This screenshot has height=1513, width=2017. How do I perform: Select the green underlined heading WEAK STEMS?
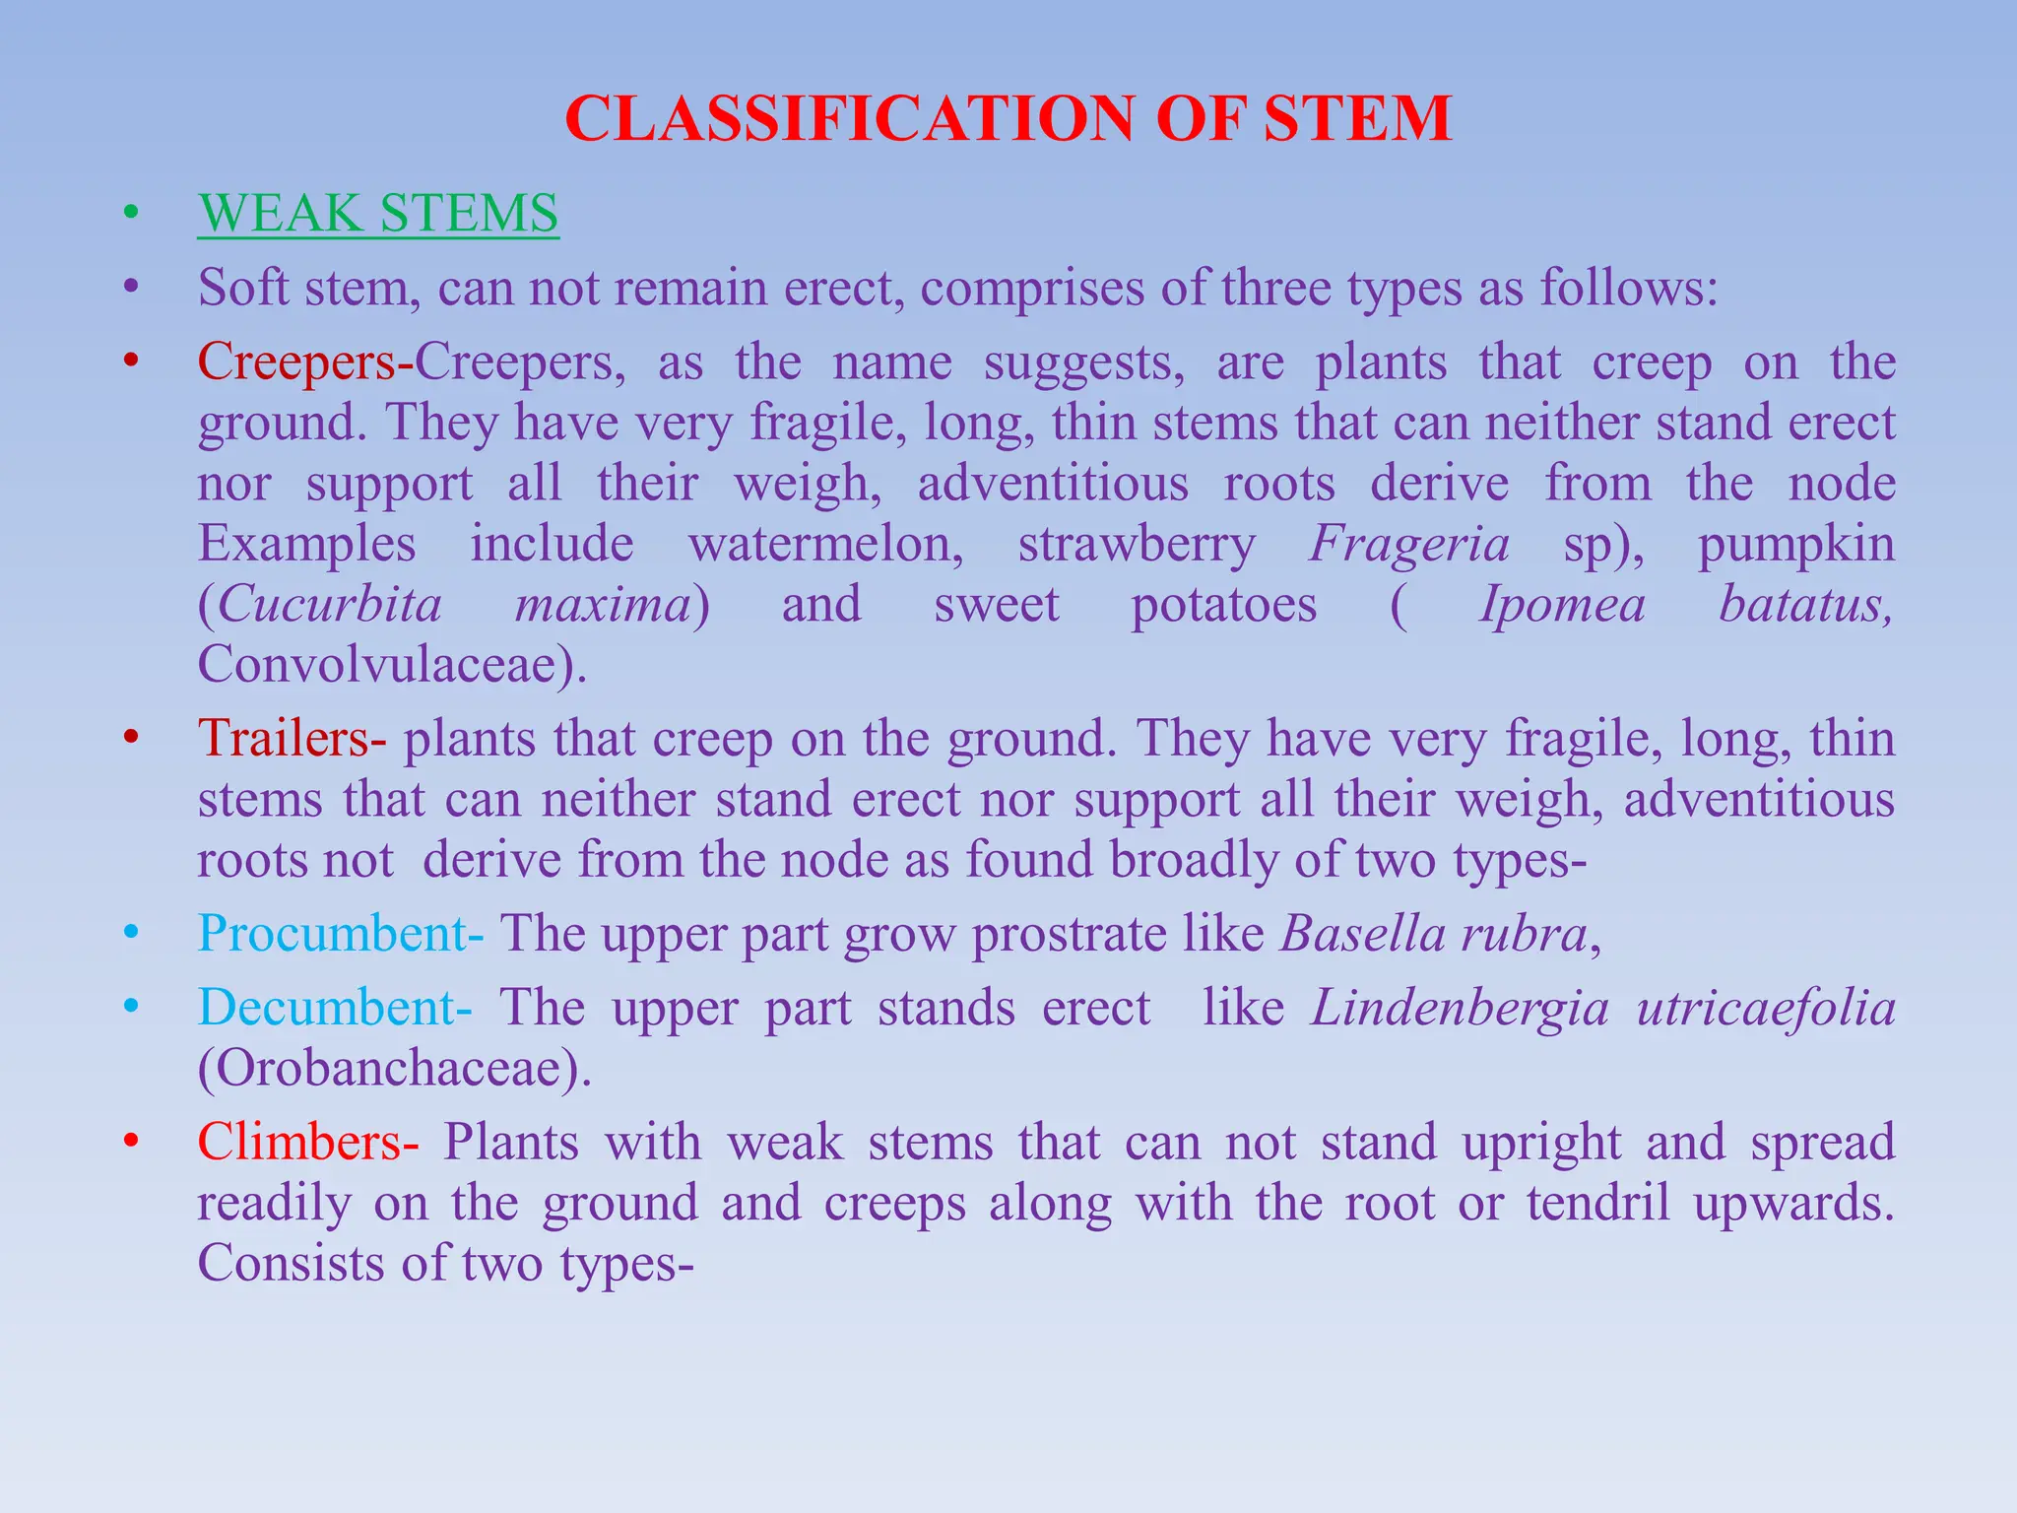click(x=378, y=213)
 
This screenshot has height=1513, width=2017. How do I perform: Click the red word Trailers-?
click(x=293, y=738)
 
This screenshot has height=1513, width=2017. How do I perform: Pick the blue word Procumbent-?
click(x=341, y=933)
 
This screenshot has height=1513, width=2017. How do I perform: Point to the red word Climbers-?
click(x=308, y=1142)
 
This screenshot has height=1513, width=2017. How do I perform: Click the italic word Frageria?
click(x=1409, y=544)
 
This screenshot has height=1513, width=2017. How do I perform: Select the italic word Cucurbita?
click(x=330, y=604)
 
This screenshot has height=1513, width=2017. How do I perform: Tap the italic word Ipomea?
click(x=1562, y=604)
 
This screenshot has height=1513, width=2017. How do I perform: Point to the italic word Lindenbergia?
click(x=1461, y=1008)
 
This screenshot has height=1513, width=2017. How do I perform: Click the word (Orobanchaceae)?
click(x=394, y=1068)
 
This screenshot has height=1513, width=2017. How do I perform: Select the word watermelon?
click(x=825, y=544)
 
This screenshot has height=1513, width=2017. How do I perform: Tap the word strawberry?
click(x=1137, y=544)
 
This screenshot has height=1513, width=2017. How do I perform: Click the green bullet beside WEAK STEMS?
click(x=131, y=213)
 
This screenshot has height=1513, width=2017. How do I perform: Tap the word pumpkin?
click(x=1796, y=544)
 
